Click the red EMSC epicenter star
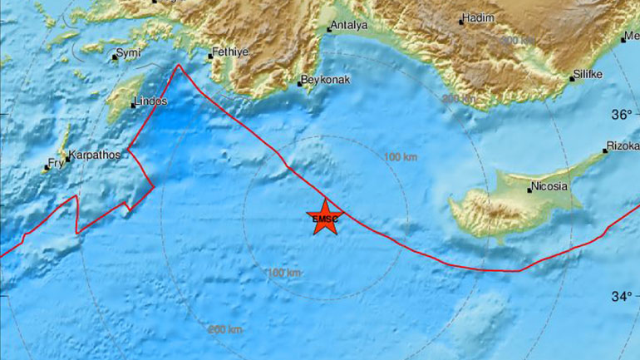click(x=324, y=218)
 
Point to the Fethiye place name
click(x=226, y=51)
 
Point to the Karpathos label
click(x=96, y=155)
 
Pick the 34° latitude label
click(x=626, y=295)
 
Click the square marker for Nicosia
click(x=529, y=190)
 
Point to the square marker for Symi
click(x=115, y=57)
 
